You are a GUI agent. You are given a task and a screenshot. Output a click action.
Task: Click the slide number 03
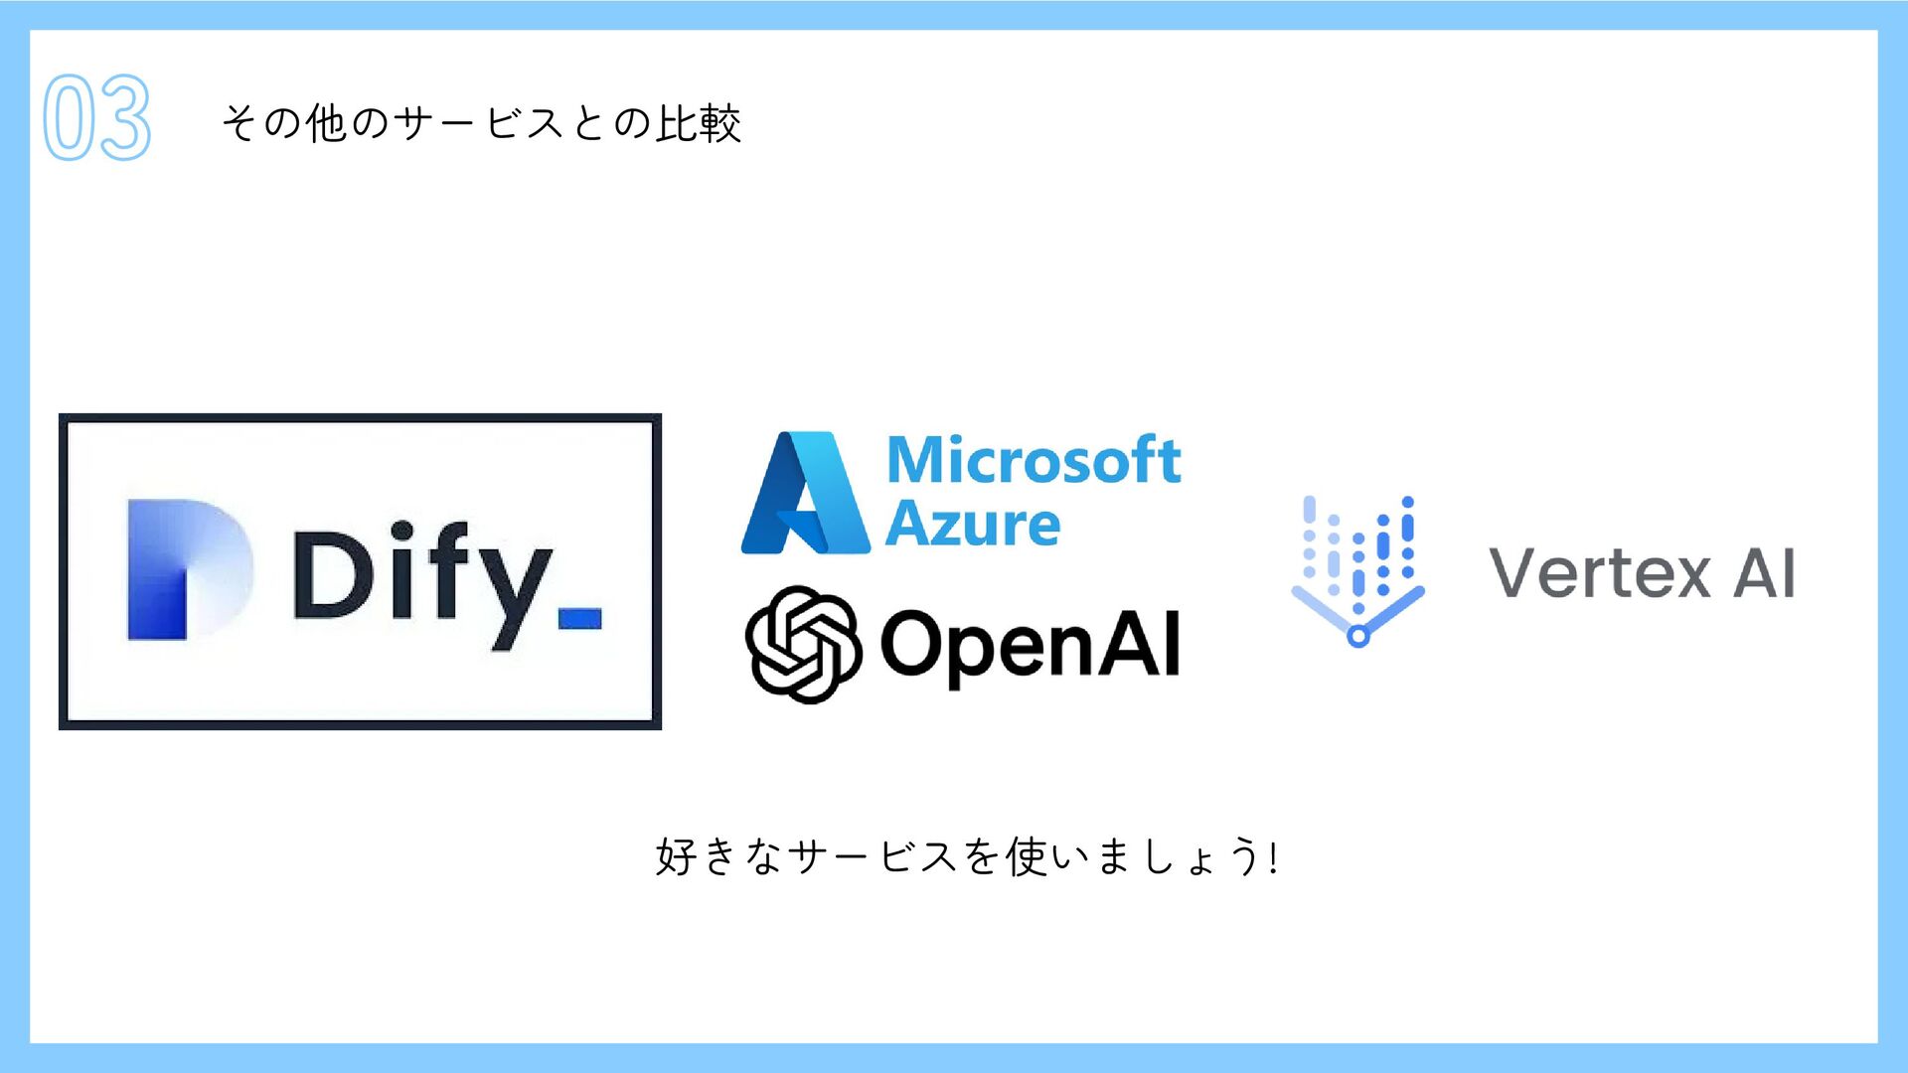click(x=96, y=117)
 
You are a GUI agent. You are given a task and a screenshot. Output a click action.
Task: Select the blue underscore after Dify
click(x=579, y=619)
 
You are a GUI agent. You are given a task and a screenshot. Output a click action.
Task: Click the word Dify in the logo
click(x=422, y=576)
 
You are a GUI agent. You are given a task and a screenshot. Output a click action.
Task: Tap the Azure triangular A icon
click(x=806, y=494)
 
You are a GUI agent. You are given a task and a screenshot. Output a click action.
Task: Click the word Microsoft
click(x=1033, y=461)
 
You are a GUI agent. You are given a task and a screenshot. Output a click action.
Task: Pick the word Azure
click(x=973, y=524)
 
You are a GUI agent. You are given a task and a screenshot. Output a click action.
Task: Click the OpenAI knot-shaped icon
click(x=803, y=644)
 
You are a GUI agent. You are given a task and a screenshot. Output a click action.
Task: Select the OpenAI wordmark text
click(x=1031, y=646)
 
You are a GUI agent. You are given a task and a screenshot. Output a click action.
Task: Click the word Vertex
click(x=1599, y=574)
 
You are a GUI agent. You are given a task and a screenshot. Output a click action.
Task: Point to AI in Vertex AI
click(x=1765, y=574)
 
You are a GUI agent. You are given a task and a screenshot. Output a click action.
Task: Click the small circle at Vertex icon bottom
click(x=1357, y=636)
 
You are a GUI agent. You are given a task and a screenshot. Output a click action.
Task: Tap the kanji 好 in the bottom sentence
click(x=677, y=856)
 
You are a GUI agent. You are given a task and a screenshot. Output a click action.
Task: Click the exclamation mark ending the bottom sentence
click(x=1273, y=856)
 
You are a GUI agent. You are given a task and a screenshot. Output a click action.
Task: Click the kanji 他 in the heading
click(x=326, y=124)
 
